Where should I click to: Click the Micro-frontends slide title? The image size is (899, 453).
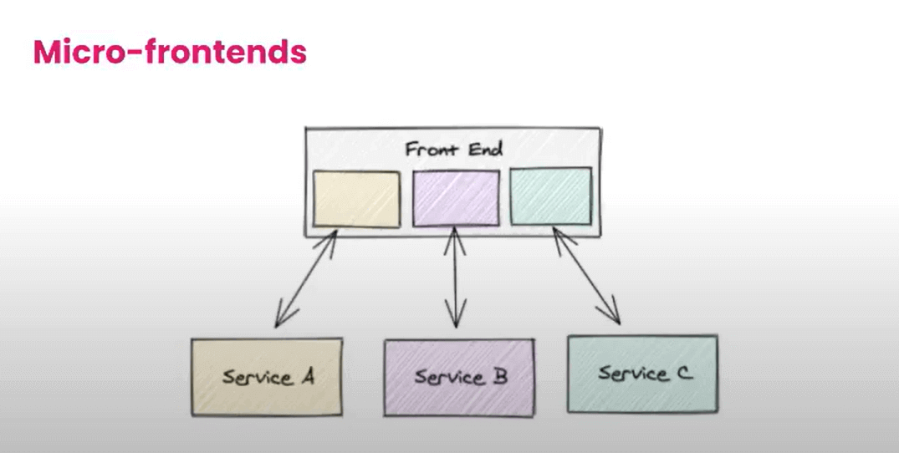coord(170,52)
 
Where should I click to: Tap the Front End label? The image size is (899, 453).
coord(453,150)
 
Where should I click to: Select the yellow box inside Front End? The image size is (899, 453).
coord(356,199)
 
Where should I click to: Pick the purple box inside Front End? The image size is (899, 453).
coord(456,198)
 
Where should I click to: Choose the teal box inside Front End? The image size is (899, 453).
coord(550,196)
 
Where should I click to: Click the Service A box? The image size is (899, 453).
coord(266,376)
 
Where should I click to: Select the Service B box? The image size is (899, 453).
coord(458,377)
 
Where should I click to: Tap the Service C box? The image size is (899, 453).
coord(641,374)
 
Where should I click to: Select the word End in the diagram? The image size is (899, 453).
coord(486,150)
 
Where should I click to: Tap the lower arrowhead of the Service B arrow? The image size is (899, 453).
coord(456,321)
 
